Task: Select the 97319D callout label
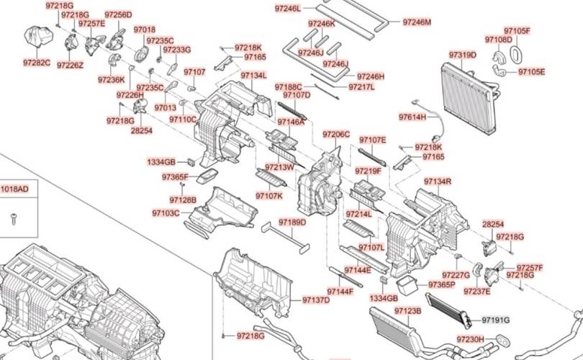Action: coord(463,55)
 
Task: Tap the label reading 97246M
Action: coord(417,22)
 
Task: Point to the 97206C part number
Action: coord(336,134)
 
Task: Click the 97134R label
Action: coord(438,181)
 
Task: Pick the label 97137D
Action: coord(316,300)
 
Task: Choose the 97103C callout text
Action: coord(166,213)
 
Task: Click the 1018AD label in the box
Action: coord(14,189)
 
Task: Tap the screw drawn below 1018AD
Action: coord(14,219)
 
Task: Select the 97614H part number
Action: coord(412,117)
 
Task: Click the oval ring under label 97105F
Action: coord(515,53)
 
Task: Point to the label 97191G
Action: coord(496,320)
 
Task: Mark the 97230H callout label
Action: coord(470,339)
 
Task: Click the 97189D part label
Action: coord(293,222)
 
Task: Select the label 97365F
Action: coord(175,177)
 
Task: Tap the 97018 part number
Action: coord(145,30)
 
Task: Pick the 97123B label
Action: coord(408,310)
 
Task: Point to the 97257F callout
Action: coord(530,268)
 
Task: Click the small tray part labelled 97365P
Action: coord(407,284)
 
